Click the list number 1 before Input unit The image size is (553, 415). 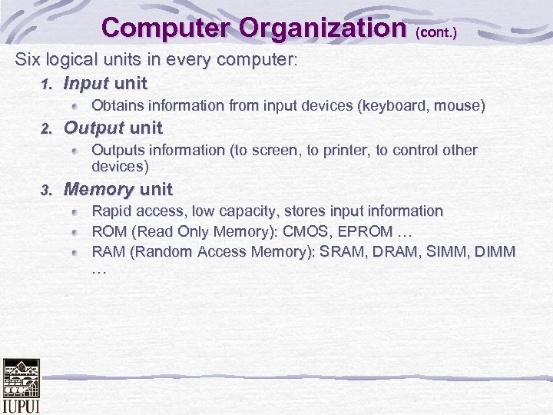(46, 84)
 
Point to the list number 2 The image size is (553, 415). (46, 128)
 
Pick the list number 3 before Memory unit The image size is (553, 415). (46, 190)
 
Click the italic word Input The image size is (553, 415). (85, 83)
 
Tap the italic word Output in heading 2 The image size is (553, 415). (93, 128)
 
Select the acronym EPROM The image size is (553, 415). (369, 231)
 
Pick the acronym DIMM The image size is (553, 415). (495, 251)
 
